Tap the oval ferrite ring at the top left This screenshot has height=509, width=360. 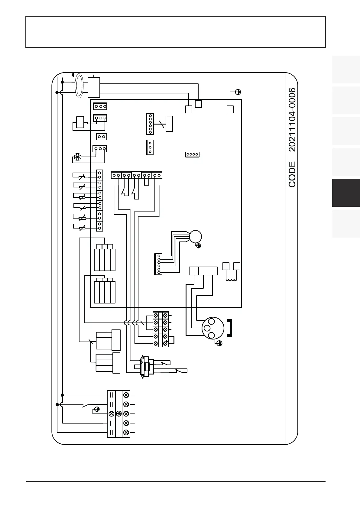point(79,85)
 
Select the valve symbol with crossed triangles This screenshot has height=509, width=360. point(77,157)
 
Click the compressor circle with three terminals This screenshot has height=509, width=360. point(213,328)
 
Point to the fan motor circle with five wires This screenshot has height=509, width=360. point(195,236)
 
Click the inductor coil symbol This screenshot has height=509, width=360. point(232,279)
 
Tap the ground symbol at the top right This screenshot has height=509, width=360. point(238,92)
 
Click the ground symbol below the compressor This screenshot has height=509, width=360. point(220,343)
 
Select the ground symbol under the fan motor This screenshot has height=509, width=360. point(199,246)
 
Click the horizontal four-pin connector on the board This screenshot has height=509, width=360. point(192,154)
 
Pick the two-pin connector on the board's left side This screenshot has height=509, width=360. point(101,137)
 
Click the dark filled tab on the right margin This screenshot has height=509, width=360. point(346,193)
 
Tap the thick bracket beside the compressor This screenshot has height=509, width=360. point(230,328)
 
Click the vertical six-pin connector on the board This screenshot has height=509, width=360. point(150,124)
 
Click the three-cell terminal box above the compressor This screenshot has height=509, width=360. point(203,271)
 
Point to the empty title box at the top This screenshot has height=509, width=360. point(175,32)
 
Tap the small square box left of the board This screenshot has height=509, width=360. point(80,122)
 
